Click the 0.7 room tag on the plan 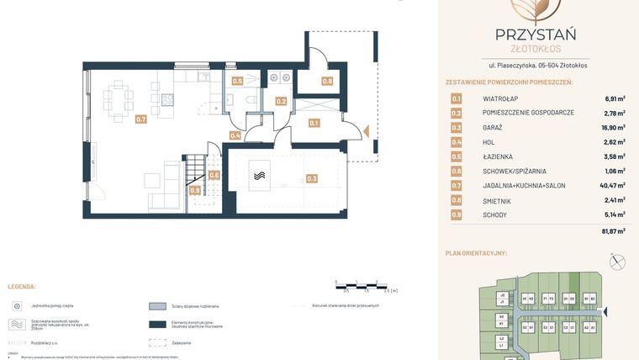pyautogui.click(x=141, y=119)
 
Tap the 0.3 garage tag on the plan pyautogui.click(x=312, y=178)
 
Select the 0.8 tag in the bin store pyautogui.click(x=327, y=82)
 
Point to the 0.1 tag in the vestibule pyautogui.click(x=314, y=124)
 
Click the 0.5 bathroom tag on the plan pyautogui.click(x=237, y=82)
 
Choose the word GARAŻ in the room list pyautogui.click(x=493, y=127)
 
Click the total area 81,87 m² pyautogui.click(x=613, y=230)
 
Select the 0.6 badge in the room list pyautogui.click(x=457, y=171)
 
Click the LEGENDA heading pyautogui.click(x=22, y=287)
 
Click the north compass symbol pyautogui.click(x=618, y=262)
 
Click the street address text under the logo pyautogui.click(x=538, y=65)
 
